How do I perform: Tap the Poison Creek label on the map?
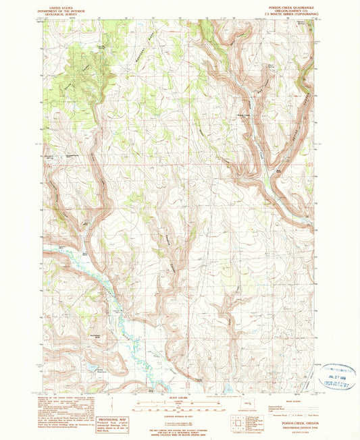(252, 116)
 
